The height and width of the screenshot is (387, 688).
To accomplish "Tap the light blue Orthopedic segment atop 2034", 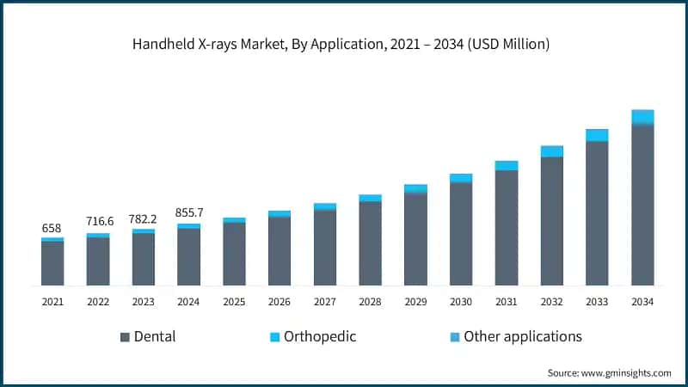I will [642, 116].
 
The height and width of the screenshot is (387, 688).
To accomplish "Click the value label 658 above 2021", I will [52, 229].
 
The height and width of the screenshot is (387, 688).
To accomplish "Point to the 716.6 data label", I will [98, 222].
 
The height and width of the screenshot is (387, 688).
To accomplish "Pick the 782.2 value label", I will [144, 218].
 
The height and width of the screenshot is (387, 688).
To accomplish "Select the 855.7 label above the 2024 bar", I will [188, 212].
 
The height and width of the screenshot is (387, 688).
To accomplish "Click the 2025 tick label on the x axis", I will [234, 302].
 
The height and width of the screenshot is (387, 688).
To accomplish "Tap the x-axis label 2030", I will [461, 302].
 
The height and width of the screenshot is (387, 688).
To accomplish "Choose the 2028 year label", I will [370, 302].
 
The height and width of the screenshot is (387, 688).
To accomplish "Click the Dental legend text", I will [155, 336].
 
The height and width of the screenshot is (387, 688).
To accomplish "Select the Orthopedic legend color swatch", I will [274, 336].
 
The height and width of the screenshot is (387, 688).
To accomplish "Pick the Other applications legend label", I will [523, 336].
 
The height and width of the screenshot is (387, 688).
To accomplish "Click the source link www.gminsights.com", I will [626, 372].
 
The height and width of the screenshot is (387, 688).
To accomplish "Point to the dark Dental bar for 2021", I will [52, 263].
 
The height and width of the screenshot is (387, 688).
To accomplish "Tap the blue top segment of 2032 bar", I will [551, 151].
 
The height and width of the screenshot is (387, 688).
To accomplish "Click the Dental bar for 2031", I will [507, 228].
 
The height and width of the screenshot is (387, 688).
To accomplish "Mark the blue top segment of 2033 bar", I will [597, 135].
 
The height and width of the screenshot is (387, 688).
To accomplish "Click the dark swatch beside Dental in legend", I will [125, 336].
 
